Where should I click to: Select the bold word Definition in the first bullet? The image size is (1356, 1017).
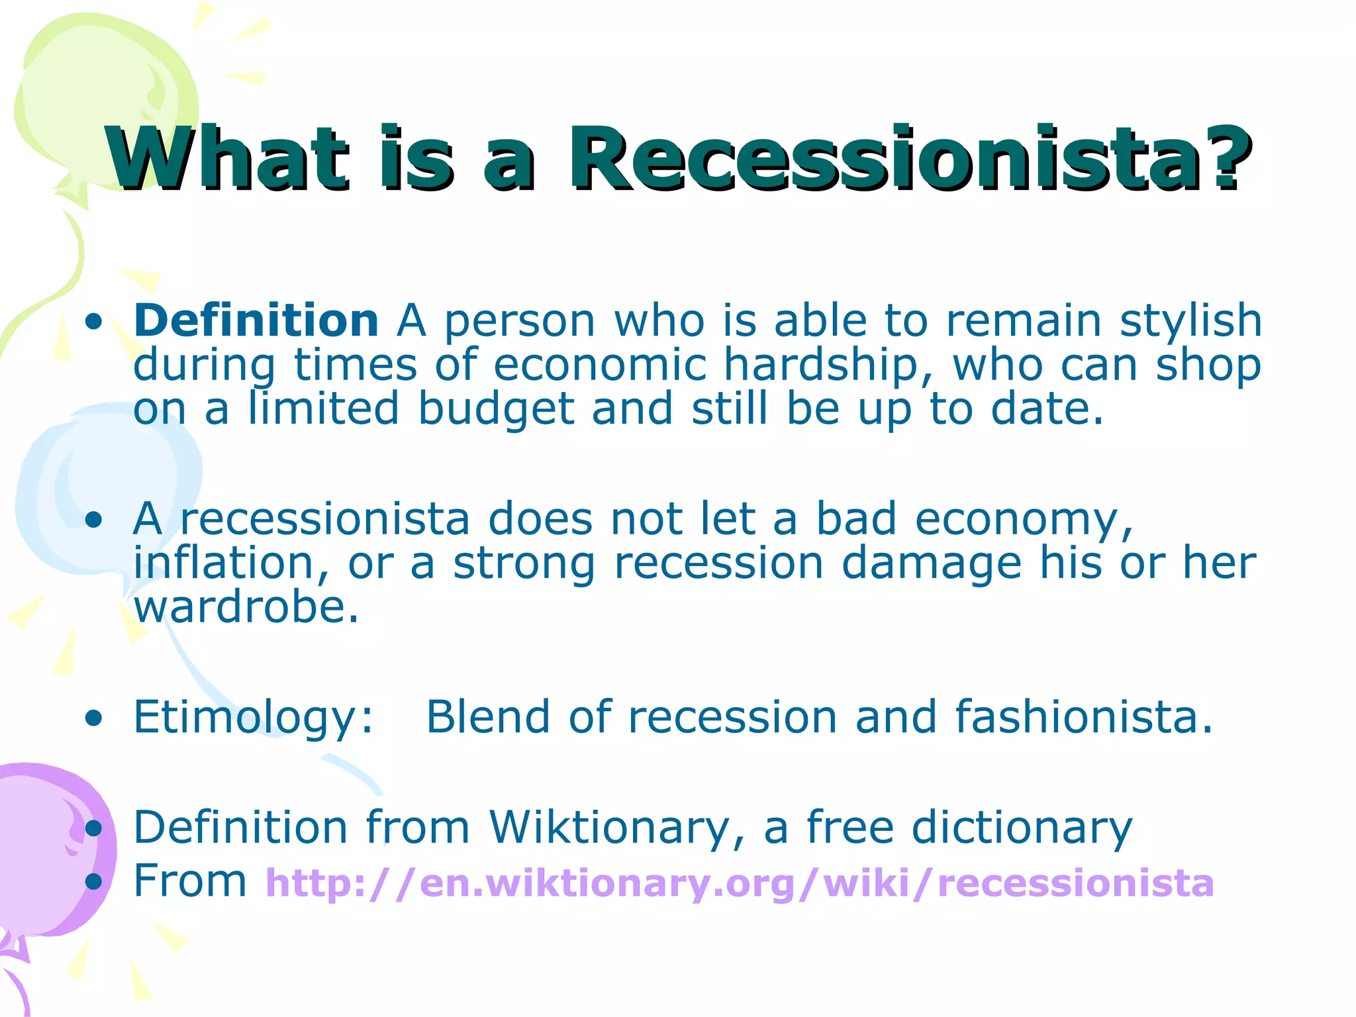tap(256, 320)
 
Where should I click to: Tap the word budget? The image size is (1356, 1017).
tap(496, 409)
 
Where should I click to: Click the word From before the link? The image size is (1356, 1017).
tap(190, 881)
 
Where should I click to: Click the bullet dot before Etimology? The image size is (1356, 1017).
tap(94, 718)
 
